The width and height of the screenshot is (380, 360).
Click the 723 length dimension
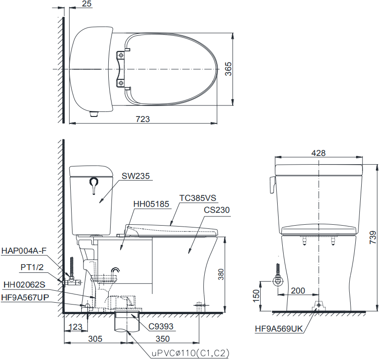(x=143, y=119)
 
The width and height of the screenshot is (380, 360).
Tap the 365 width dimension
(x=228, y=69)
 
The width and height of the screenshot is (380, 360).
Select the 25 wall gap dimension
(x=87, y=4)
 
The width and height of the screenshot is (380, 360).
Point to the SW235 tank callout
(x=136, y=176)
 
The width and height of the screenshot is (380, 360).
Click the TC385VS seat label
(x=198, y=198)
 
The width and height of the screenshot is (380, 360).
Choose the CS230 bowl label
(x=217, y=210)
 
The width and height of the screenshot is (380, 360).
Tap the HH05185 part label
(x=151, y=204)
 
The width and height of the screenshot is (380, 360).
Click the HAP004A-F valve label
(x=24, y=250)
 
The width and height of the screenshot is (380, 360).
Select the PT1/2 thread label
(x=32, y=267)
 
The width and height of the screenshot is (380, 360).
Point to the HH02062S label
(x=24, y=284)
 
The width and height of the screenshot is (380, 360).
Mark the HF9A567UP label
(x=25, y=297)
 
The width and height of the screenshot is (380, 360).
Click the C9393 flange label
(x=161, y=327)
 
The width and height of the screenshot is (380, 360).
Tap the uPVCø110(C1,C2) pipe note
(x=190, y=354)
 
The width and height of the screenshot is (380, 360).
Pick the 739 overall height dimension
(x=373, y=238)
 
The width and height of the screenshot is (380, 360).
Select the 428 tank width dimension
(x=319, y=153)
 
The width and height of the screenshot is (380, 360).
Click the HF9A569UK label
(x=279, y=328)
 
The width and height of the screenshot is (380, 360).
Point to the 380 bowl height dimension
(x=221, y=274)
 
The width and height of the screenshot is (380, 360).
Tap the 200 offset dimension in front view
(x=298, y=290)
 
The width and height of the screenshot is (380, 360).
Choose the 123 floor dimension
(x=75, y=327)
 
